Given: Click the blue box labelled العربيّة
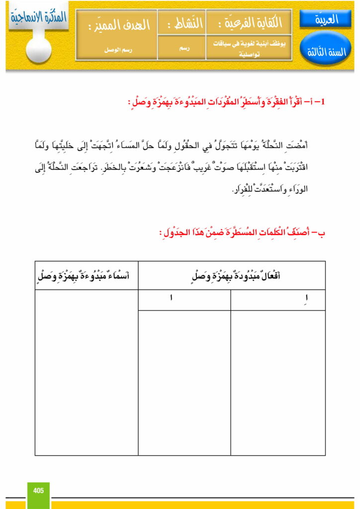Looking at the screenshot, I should pyautogui.click(x=326, y=19).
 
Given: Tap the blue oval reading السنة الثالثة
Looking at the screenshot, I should pyautogui.click(x=326, y=52).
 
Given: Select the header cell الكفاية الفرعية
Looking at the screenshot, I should pyautogui.click(x=249, y=23).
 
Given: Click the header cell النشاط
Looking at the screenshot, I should pyautogui.click(x=181, y=23).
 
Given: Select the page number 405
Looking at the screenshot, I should pyautogui.click(x=38, y=491).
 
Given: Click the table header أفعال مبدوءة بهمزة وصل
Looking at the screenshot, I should pyautogui.click(x=232, y=275).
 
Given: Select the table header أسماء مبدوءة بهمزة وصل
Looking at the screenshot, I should pyautogui.click(x=87, y=275).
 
